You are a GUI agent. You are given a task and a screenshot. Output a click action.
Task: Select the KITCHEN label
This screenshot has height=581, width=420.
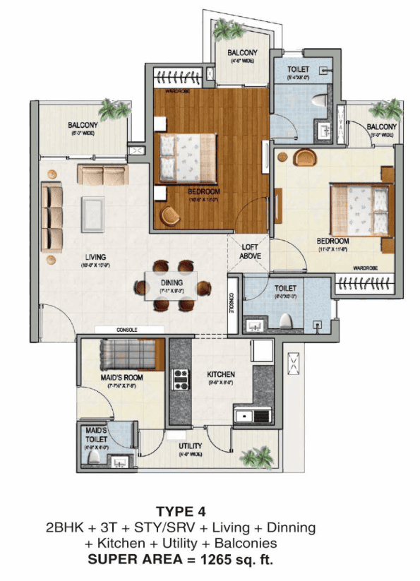(221, 373)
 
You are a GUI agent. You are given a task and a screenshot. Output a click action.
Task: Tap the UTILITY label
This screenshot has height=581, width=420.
(191, 446)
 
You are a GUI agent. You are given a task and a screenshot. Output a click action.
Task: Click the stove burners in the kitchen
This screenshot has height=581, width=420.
(181, 379)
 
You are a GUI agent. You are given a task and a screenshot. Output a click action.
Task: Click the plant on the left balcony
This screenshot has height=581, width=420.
(111, 109)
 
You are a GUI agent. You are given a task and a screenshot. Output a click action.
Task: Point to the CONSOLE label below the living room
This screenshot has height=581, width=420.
(127, 330)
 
